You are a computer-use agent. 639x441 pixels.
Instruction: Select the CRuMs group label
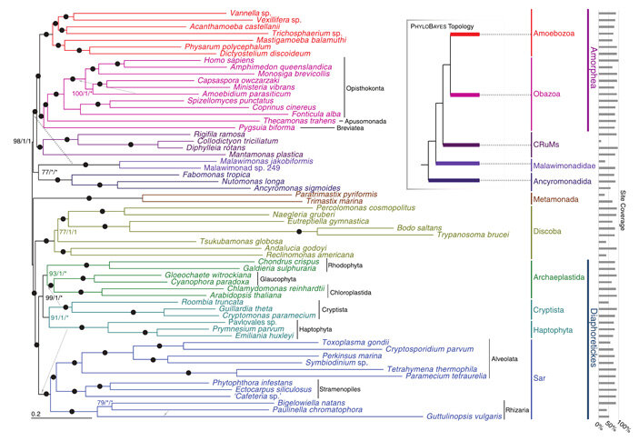tap(545, 144)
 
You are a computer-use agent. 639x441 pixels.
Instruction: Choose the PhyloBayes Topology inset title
tap(442, 25)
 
